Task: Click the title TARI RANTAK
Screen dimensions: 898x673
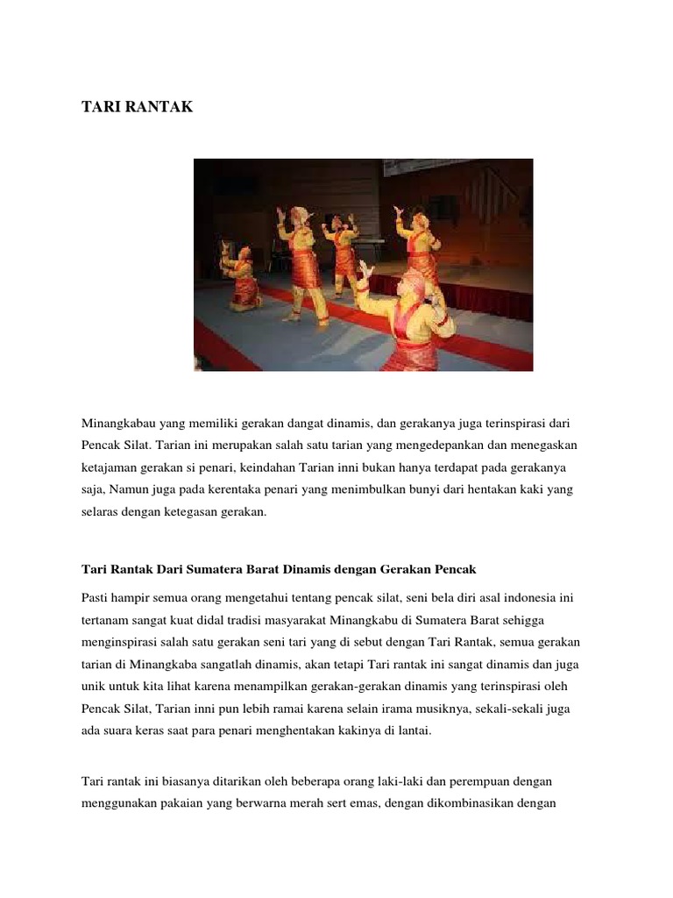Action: click(137, 107)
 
